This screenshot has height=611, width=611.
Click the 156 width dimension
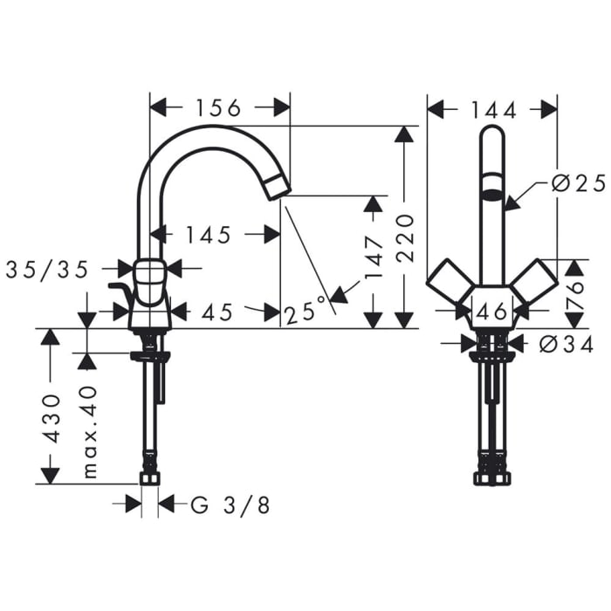217,107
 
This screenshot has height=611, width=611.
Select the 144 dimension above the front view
493,109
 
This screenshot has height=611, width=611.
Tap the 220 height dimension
404,237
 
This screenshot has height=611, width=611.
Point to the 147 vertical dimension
374,258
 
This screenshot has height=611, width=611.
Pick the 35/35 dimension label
47,270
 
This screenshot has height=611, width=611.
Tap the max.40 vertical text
89,433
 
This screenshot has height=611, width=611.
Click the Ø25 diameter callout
579,183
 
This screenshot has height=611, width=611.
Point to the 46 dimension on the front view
493,310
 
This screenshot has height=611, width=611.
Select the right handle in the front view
534,278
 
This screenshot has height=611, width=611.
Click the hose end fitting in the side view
150,478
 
